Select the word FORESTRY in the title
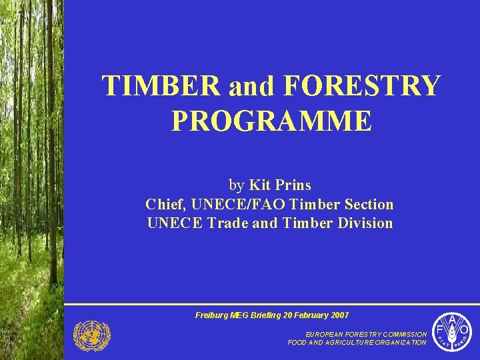click(363, 87)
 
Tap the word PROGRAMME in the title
click(271, 121)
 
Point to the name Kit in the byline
click(259, 185)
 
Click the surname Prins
click(291, 185)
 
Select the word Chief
click(166, 204)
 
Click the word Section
click(365, 204)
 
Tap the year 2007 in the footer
click(337, 315)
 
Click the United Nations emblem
click(91, 335)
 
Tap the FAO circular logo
click(453, 331)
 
